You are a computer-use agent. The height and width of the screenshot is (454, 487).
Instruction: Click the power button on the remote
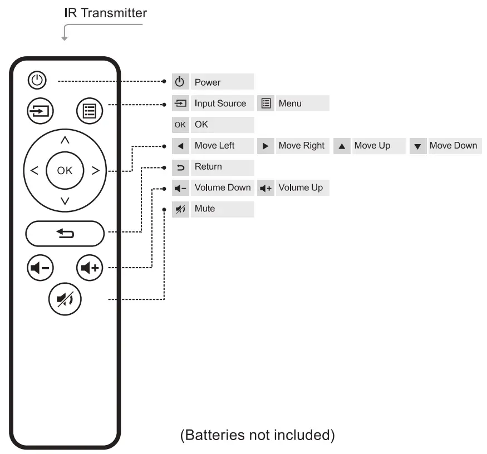coord(37,81)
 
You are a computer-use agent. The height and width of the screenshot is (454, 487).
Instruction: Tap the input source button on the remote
coord(39,111)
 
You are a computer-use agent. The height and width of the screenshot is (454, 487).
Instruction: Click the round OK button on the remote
coord(65,171)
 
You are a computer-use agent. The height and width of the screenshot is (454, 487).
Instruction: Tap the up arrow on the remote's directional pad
coord(65,140)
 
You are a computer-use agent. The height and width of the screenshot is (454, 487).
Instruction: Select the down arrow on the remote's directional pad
coord(65,201)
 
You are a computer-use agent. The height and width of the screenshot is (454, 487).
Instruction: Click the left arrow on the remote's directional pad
coord(35,171)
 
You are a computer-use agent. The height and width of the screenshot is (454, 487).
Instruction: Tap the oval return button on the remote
coord(65,234)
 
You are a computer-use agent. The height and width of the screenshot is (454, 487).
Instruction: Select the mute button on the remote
coord(65,300)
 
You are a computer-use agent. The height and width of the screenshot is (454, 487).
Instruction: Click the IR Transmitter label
coord(106,13)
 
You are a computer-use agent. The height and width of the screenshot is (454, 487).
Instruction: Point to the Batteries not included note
coord(257,435)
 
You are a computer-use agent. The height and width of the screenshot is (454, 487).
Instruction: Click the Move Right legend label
coord(301,146)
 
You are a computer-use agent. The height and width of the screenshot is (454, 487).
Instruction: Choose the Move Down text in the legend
coord(453,146)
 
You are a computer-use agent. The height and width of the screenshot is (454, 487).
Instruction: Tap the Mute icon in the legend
coord(180,209)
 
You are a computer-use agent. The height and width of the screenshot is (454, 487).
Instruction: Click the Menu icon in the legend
coord(266,103)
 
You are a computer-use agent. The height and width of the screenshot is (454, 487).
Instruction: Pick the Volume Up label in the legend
coord(301,188)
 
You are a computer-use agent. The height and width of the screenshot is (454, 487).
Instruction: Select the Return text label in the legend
coord(208,167)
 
